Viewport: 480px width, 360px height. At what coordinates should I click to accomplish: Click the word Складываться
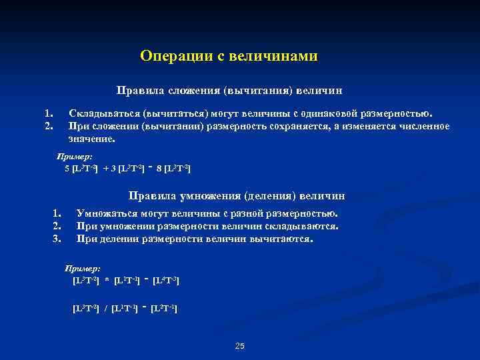click(x=101, y=113)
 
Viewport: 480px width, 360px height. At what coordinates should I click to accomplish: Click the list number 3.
click(x=57, y=238)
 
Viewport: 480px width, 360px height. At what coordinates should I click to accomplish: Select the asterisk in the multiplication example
click(x=107, y=281)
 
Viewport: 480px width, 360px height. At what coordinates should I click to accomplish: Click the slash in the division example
click(x=107, y=309)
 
